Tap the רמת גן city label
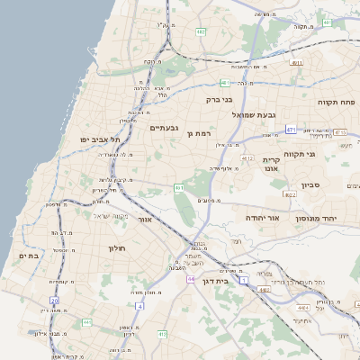tap(199, 133)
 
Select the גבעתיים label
tap(164, 128)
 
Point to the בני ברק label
tap(220, 100)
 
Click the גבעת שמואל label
tap(258, 114)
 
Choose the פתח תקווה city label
tap(337, 103)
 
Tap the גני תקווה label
tap(299, 154)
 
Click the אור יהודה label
tap(263, 218)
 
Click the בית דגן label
tap(237, 280)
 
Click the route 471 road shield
tap(291, 130)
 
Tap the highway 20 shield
tap(54, 301)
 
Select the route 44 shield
tap(192, 279)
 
